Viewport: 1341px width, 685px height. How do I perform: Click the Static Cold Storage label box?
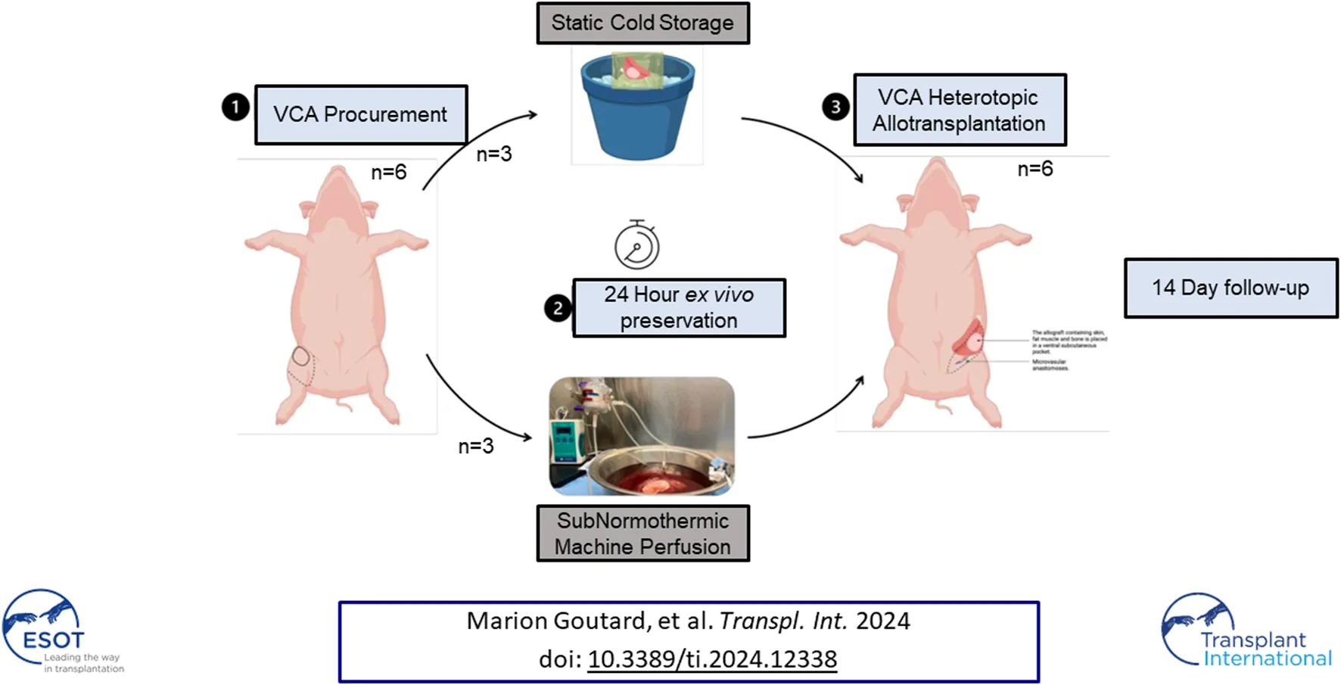(x=642, y=23)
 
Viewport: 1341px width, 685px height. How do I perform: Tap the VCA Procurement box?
(x=361, y=114)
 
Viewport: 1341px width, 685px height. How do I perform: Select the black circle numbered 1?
(x=235, y=107)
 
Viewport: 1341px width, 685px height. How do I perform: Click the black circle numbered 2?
(x=558, y=308)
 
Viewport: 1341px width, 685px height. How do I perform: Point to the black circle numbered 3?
(x=835, y=107)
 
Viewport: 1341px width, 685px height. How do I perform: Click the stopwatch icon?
(x=636, y=245)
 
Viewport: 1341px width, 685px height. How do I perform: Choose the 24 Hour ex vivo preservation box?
(x=679, y=308)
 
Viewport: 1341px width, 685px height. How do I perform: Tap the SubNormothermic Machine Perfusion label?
(x=642, y=534)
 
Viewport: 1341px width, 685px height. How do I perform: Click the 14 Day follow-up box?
(x=1231, y=288)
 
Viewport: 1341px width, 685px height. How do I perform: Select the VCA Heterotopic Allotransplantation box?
(x=959, y=111)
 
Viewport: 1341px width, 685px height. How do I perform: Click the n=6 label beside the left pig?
(x=389, y=173)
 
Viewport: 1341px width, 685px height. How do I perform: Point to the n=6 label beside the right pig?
(x=1035, y=169)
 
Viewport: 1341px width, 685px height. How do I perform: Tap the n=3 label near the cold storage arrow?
(x=494, y=154)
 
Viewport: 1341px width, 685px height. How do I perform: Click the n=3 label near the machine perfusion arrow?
(x=476, y=447)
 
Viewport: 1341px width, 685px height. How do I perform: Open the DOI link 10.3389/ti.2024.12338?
(x=712, y=659)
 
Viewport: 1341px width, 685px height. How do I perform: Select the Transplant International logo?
(x=1245, y=632)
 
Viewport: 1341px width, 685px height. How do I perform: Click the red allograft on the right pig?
(x=969, y=338)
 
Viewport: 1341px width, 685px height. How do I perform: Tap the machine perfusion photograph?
(x=642, y=437)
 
